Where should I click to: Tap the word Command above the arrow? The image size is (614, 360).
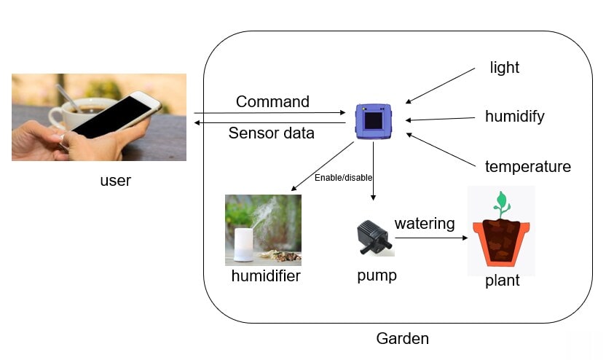coord(272,102)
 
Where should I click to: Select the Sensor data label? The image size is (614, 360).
coord(271,133)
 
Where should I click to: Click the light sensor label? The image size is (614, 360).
coord(504,68)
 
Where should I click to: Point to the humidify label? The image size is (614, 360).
coord(514,117)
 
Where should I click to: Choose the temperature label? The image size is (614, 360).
coord(527,167)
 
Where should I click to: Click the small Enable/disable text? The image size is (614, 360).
coord(338,177)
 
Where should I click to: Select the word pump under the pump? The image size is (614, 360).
coord(377,276)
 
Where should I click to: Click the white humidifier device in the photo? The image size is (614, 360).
coord(243,244)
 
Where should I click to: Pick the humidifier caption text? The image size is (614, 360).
coord(265,276)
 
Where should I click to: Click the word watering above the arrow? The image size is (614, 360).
coord(424,223)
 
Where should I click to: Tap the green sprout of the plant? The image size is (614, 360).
coord(500,201)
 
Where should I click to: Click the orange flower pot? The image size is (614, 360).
coord(502,244)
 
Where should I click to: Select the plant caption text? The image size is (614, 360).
coord(502,281)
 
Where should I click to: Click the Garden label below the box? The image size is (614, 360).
coord(402,339)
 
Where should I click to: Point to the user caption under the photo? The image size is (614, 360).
coord(115,180)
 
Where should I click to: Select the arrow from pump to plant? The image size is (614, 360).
coord(430,238)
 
